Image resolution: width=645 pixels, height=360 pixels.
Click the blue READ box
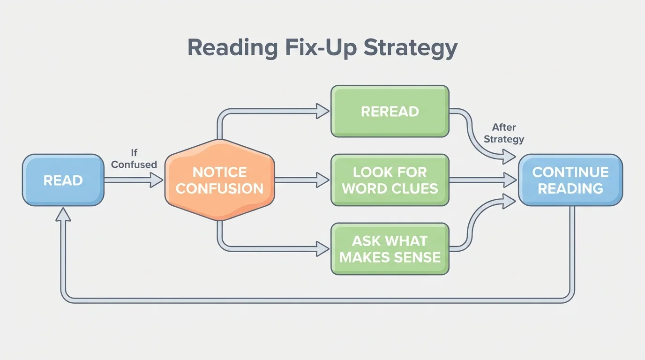[63, 180]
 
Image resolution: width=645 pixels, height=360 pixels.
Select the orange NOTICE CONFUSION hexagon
[219, 180]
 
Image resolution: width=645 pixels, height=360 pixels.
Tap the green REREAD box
[390, 111]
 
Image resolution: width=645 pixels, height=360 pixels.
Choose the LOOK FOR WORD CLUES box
[390, 180]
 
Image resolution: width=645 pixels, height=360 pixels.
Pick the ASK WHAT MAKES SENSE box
[390, 249]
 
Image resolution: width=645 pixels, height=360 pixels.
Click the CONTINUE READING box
[570, 180]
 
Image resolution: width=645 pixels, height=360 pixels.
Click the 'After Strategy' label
[504, 133]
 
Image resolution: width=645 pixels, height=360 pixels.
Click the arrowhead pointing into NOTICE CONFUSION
[157, 180]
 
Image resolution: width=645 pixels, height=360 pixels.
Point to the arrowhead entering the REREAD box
[323, 111]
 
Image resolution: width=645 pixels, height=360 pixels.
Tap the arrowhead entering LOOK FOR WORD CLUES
[323, 180]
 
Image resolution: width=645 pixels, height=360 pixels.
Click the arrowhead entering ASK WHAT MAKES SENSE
[323, 249]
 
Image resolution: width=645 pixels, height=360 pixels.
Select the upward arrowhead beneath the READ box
[63, 214]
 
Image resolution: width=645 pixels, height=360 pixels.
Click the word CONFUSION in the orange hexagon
[219, 188]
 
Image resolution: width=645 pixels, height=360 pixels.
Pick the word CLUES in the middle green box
[416, 188]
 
